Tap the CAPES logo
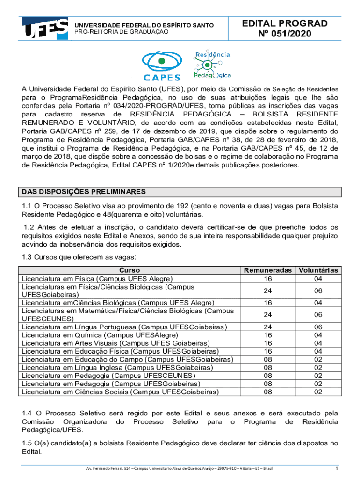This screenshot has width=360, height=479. (161, 66)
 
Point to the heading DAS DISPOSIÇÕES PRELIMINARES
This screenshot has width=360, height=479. (84, 192)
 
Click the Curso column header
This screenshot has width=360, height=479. (129, 270)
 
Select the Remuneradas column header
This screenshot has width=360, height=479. (268, 270)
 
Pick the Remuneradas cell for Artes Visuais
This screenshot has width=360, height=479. (268, 343)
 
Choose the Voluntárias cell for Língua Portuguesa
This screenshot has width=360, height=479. (318, 327)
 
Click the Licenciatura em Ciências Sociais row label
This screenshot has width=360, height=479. (120, 392)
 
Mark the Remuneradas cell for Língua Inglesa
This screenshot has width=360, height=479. (268, 367)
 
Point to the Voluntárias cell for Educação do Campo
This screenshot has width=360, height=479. (318, 359)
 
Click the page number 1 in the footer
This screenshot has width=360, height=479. (337, 469)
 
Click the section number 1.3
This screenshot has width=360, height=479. (27, 257)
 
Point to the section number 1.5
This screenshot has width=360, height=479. (27, 443)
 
